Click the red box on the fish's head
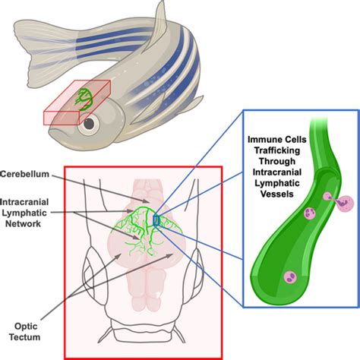[x=76, y=103]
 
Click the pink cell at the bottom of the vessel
[x=289, y=278]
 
